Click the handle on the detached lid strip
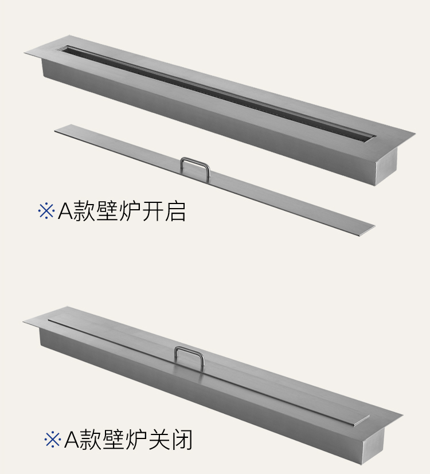(195, 167)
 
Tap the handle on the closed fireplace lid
(189, 355)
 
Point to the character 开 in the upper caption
(153, 210)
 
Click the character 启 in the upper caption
(175, 210)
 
